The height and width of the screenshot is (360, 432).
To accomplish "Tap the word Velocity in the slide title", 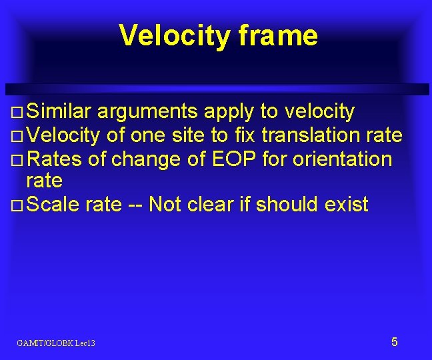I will [x=174, y=35].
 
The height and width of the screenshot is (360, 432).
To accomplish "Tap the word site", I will [x=189, y=135].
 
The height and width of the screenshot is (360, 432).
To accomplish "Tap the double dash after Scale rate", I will [x=135, y=205].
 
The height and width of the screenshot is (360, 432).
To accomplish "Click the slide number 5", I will [x=394, y=342].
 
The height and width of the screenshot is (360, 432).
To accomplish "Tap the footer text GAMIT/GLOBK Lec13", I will [x=56, y=343].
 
